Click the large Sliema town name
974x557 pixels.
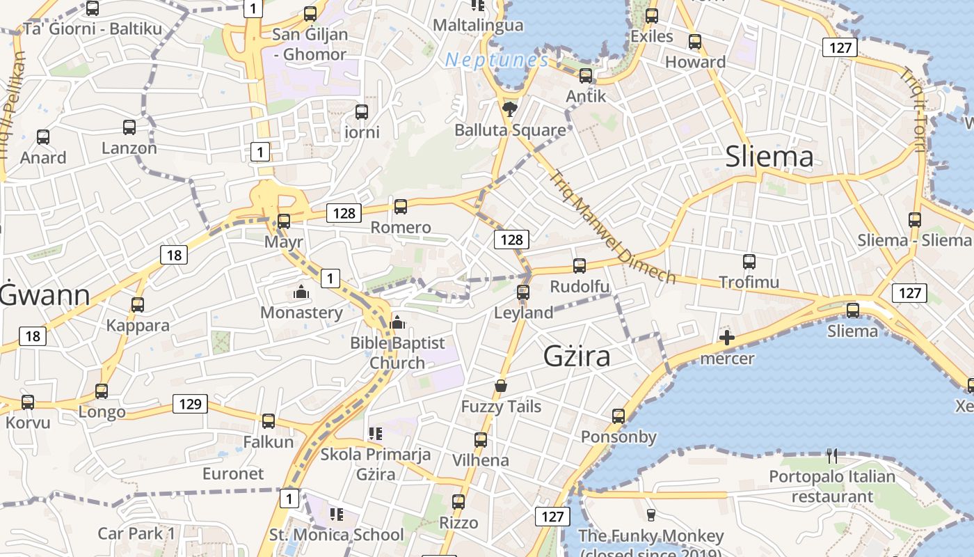click(x=769, y=157)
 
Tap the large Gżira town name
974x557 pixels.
click(x=577, y=356)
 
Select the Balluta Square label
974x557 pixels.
click(x=510, y=130)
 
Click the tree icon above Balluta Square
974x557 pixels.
click(x=510, y=109)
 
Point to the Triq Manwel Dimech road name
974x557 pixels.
click(x=613, y=227)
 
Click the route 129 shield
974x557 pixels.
click(x=190, y=404)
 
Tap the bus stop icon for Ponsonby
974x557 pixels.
click(x=618, y=416)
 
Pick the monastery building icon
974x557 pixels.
click(x=301, y=292)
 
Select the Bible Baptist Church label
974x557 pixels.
click(x=397, y=352)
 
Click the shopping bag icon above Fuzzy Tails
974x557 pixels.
click(x=500, y=385)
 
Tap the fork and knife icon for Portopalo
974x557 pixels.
click(x=832, y=456)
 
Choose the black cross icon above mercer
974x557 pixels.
click(x=727, y=338)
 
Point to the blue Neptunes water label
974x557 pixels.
click(x=496, y=61)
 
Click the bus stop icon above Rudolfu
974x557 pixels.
click(x=580, y=265)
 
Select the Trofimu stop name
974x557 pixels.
click(x=749, y=282)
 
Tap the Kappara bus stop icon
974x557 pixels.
click(x=138, y=304)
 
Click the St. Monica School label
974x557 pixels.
click(x=336, y=535)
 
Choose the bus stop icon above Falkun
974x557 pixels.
click(x=269, y=421)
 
